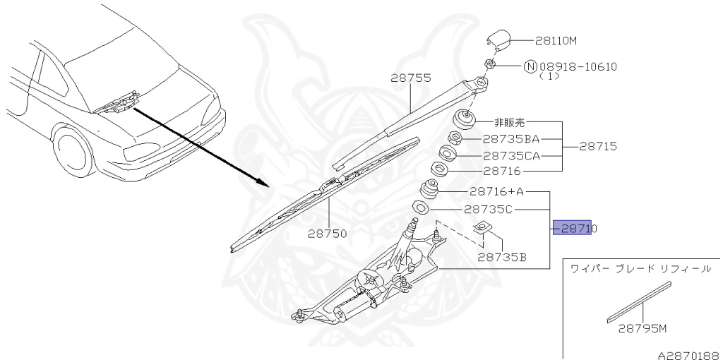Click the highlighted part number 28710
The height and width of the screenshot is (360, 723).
[x=573, y=229]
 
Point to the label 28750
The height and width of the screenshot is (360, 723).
[x=327, y=233]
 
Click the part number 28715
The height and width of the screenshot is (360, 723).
[x=598, y=147]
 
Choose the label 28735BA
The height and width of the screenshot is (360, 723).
[x=510, y=140]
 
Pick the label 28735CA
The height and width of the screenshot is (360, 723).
[x=510, y=155]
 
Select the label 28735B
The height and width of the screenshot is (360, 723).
[x=501, y=257]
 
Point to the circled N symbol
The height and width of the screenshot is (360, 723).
[x=530, y=67]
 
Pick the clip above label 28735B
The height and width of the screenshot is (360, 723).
[x=483, y=227]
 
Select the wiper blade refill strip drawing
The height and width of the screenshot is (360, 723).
[x=639, y=303]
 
